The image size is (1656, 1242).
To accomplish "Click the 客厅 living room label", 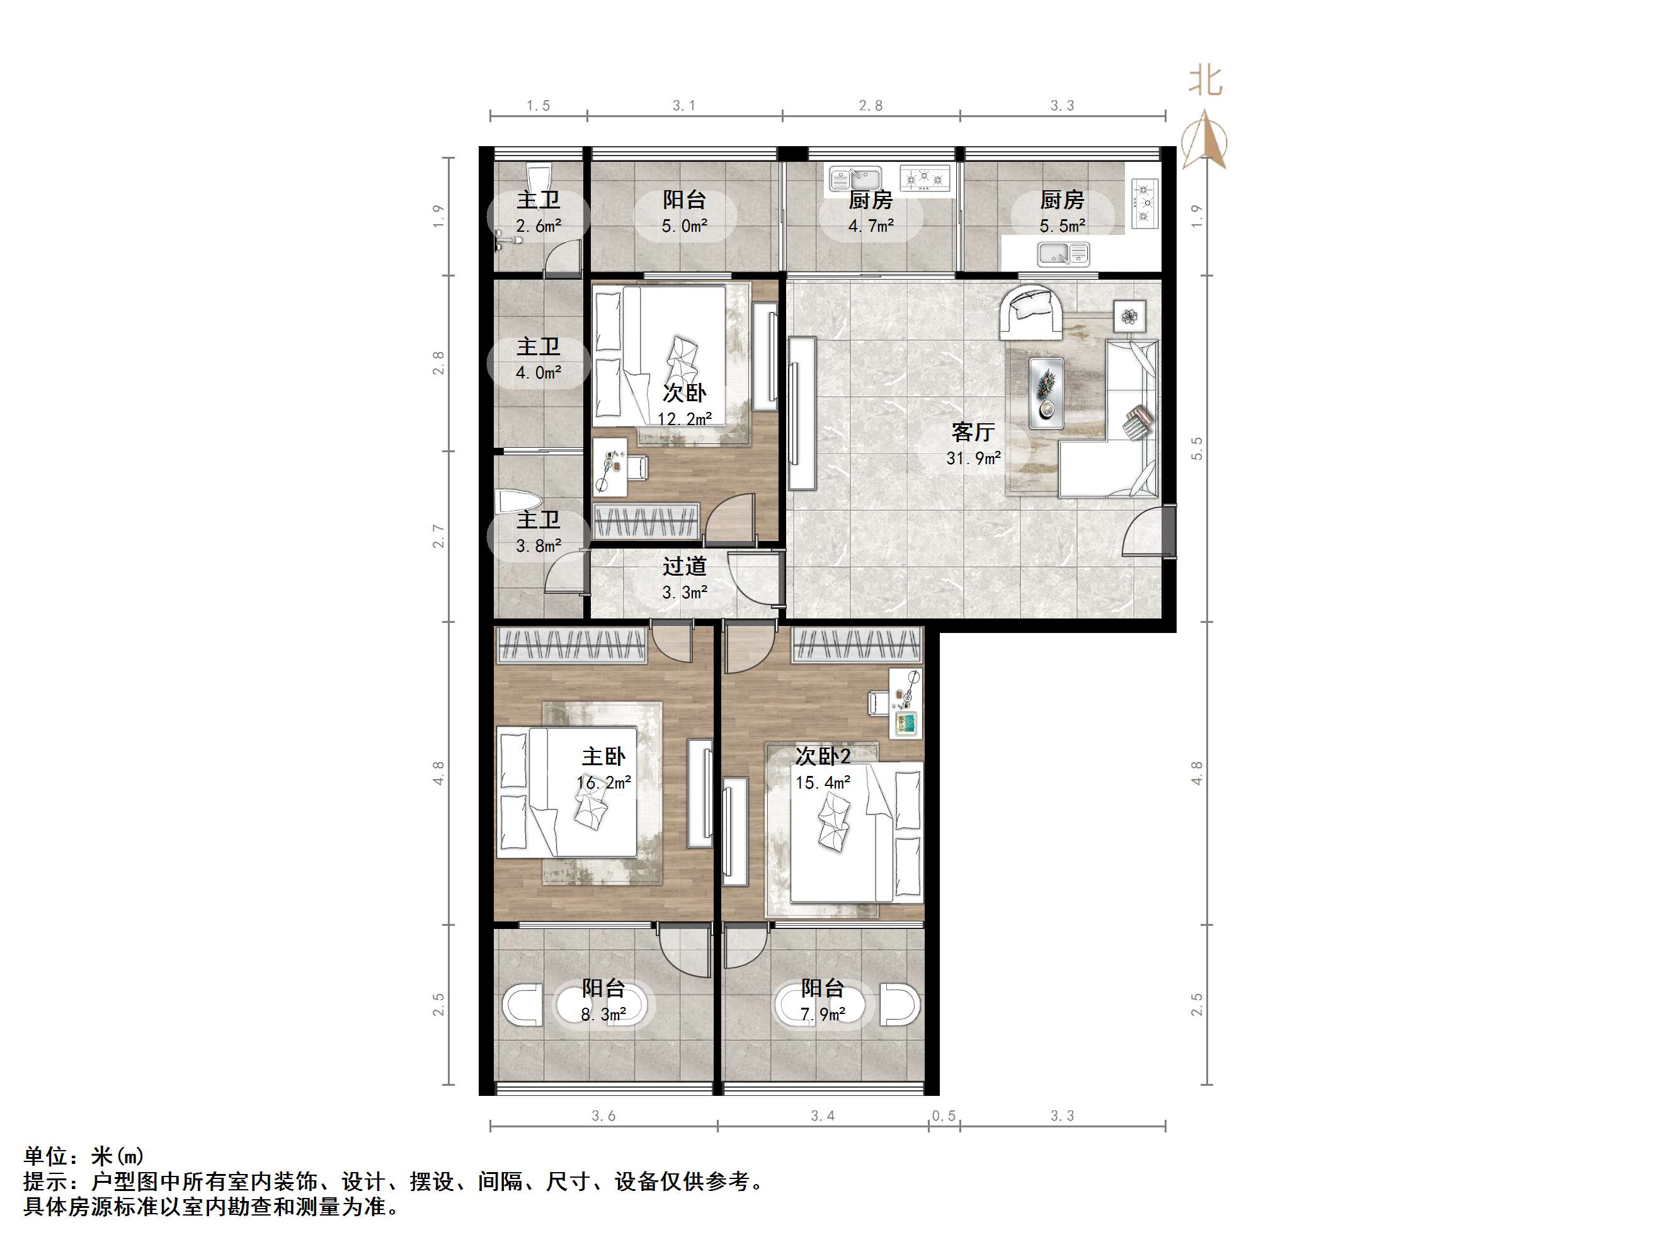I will (x=973, y=432).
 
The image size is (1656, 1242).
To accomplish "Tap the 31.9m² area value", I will (x=973, y=458).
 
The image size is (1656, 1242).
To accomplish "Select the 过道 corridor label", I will (x=683, y=567).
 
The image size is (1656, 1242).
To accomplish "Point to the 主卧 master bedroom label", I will (x=603, y=756).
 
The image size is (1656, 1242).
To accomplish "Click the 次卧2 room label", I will (x=823, y=756).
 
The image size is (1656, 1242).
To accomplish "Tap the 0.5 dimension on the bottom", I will (x=944, y=1116).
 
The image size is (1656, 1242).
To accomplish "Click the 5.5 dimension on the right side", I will (x=1196, y=448).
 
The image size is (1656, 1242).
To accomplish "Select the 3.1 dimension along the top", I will (x=683, y=106).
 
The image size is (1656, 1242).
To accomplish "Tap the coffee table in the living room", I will (x=1046, y=393).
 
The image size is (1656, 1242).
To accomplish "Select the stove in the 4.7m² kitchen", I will (x=925, y=178).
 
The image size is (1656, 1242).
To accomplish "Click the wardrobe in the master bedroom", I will (x=571, y=646).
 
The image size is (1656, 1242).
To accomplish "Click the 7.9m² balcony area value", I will (x=823, y=1015).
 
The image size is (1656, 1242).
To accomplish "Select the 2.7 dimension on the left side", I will (x=438, y=536).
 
